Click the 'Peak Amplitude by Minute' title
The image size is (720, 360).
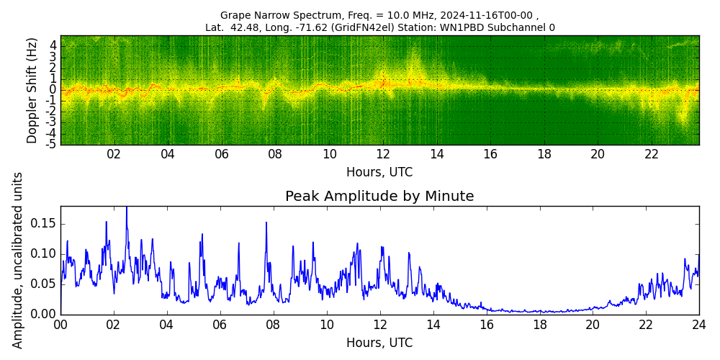pyautogui.click(x=379, y=197)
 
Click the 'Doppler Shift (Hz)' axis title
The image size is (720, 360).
pyautogui.click(x=32, y=91)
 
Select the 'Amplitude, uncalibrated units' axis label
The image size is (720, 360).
pyautogui.click(x=18, y=260)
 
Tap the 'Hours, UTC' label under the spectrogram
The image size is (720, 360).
pyautogui.click(x=379, y=172)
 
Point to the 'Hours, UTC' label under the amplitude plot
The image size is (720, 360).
pyautogui.click(x=379, y=343)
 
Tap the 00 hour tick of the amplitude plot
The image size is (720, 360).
pyautogui.click(x=60, y=325)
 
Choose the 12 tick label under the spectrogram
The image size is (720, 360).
pyautogui.click(x=383, y=154)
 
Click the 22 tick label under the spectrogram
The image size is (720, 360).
pyautogui.click(x=652, y=154)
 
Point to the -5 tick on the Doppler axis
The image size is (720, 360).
pyautogui.click(x=53, y=144)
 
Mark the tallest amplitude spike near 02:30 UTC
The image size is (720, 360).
pyautogui.click(x=127, y=208)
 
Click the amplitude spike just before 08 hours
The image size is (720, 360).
pyautogui.click(x=266, y=222)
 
